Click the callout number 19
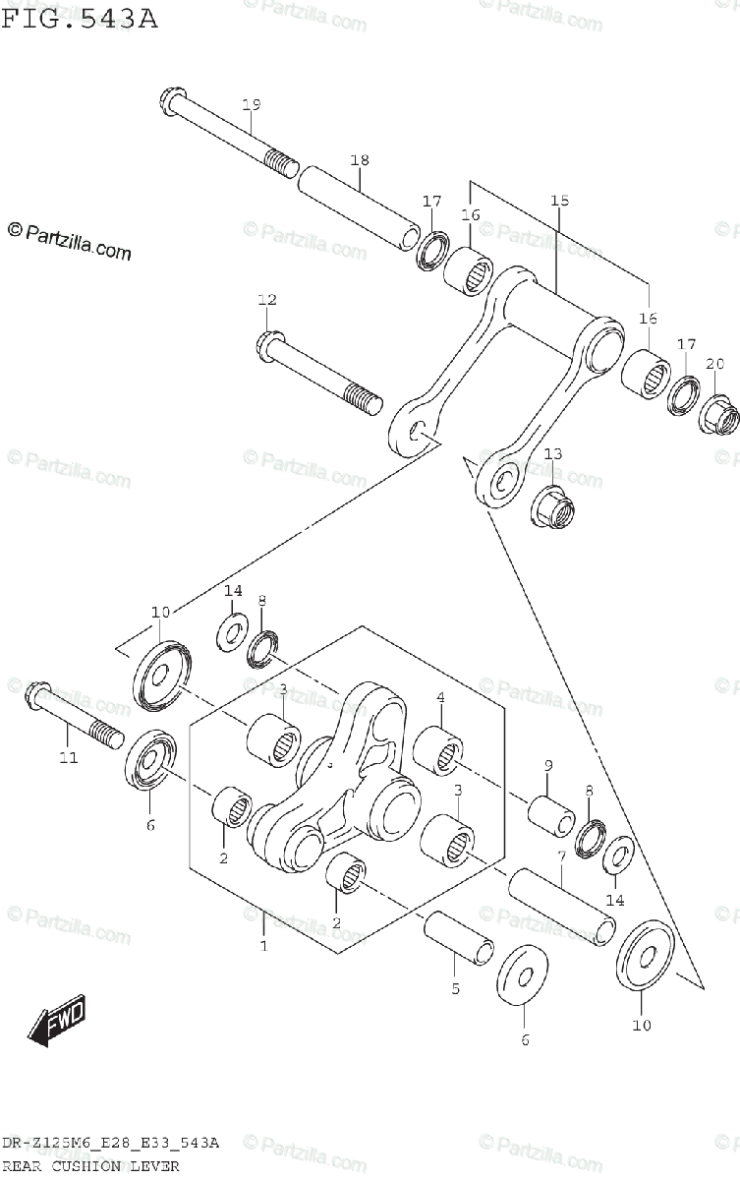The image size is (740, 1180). (251, 105)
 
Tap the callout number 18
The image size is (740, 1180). (360, 160)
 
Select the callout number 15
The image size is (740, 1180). (559, 202)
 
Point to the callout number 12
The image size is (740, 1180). (267, 300)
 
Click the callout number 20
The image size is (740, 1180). (714, 365)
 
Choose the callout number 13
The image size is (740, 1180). (553, 453)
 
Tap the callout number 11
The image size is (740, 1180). (67, 758)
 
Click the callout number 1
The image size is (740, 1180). (263, 946)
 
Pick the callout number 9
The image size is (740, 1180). (548, 765)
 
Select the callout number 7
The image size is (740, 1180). (560, 857)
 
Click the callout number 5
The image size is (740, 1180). (455, 988)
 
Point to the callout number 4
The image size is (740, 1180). (441, 698)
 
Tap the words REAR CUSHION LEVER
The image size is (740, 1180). (90, 1166)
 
